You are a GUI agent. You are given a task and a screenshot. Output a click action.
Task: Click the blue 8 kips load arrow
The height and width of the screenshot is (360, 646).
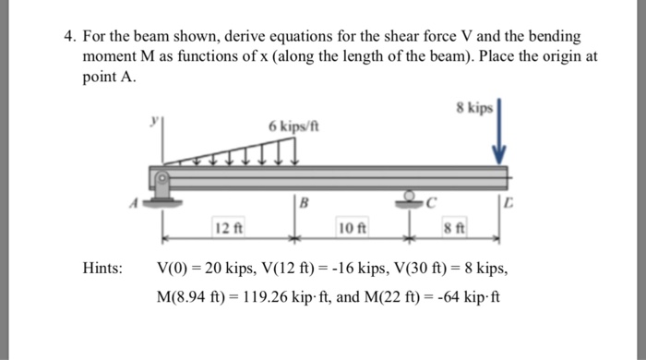coord(499,137)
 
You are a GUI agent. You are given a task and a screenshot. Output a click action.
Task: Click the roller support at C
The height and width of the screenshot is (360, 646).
coord(408,198)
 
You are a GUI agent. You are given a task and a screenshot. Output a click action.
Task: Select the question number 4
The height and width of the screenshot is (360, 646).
coord(68,37)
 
